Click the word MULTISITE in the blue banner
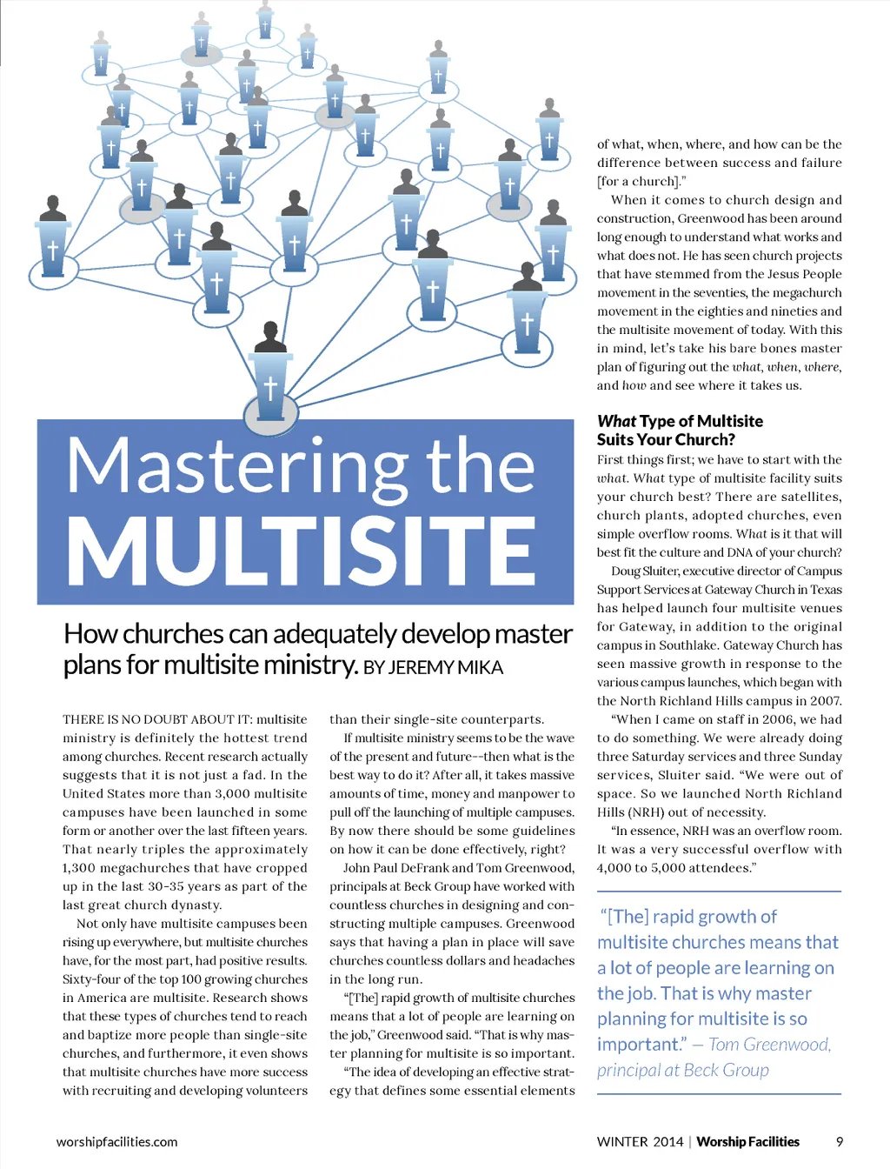click(x=301, y=551)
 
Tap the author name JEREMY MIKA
click(x=445, y=668)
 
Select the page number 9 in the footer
click(x=840, y=1142)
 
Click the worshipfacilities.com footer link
click(x=116, y=1142)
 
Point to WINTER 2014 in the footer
click(x=640, y=1142)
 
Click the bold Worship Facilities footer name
click(x=747, y=1142)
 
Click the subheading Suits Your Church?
click(x=666, y=440)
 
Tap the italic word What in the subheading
click(x=616, y=421)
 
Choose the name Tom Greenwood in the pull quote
click(x=770, y=1045)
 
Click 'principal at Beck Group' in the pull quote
click(x=683, y=1071)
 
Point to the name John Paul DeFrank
click(x=394, y=868)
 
